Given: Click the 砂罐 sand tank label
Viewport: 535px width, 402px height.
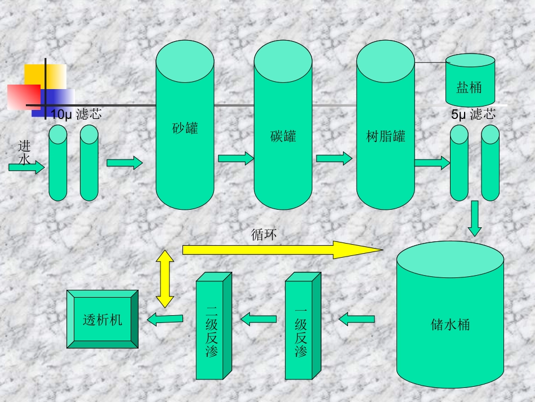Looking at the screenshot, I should tap(185, 128).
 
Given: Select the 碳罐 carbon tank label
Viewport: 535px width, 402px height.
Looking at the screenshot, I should tap(283, 136).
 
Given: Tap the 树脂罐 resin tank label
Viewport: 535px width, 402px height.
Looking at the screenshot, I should tap(386, 136).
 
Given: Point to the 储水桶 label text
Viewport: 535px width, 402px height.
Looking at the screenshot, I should tap(450, 325).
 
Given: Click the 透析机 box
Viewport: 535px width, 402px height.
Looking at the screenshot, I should tap(102, 320).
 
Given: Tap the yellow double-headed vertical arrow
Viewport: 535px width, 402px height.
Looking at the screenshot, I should tap(165, 279).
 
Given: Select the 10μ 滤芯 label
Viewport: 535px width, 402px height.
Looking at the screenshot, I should tap(76, 114).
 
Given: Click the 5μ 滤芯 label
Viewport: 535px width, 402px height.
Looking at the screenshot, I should tap(474, 114).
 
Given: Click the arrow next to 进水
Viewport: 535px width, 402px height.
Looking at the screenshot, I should tap(26, 167).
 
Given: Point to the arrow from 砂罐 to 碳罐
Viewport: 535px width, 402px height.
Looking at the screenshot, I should tap(236, 158).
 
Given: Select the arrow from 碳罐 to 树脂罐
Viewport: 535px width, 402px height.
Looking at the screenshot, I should tap(334, 158).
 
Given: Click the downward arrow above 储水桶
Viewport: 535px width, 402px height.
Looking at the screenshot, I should tap(475, 218).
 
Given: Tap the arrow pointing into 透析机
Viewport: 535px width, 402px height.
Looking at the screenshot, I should tap(165, 319).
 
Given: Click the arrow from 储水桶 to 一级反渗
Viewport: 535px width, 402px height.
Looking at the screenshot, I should tap(356, 319).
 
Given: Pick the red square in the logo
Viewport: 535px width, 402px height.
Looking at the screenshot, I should tap(24, 96).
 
